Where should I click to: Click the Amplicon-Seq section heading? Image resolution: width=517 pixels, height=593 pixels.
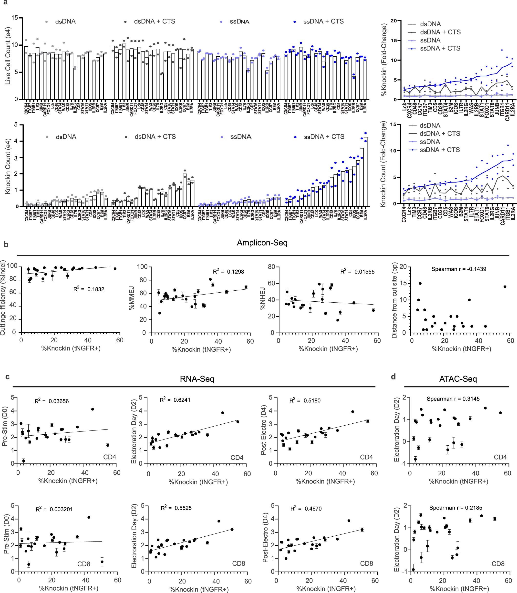pyautogui.click(x=262, y=243)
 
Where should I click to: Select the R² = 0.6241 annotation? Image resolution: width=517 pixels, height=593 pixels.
pyautogui.click(x=175, y=400)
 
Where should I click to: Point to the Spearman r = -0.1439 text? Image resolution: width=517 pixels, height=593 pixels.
pyautogui.click(x=458, y=269)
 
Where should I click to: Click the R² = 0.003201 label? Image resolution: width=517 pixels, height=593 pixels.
pyautogui.click(x=54, y=509)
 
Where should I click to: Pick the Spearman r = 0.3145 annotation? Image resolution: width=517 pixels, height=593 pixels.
pyautogui.click(x=453, y=399)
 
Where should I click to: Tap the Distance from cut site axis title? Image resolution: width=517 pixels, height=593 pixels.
pyautogui.click(x=395, y=300)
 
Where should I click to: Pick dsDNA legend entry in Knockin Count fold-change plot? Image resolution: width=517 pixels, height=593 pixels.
pyautogui.click(x=430, y=125)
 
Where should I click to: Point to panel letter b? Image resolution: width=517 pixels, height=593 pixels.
pyautogui.click(x=6, y=245)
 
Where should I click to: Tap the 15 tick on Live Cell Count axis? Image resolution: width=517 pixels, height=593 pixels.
pyautogui.click(x=14, y=18)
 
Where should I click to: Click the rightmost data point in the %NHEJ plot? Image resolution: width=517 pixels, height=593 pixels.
pyautogui.click(x=373, y=310)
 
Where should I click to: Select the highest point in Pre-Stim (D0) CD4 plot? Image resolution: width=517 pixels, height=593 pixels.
pyautogui.click(x=93, y=409)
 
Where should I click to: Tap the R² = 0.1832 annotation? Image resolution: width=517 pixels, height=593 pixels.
pyautogui.click(x=89, y=289)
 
